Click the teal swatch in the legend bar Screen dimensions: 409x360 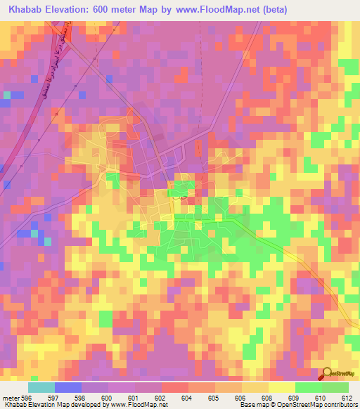click(41, 388)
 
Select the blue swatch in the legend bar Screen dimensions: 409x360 click(68, 388)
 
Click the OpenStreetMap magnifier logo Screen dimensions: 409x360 click(326, 373)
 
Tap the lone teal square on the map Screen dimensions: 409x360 click(7, 93)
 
